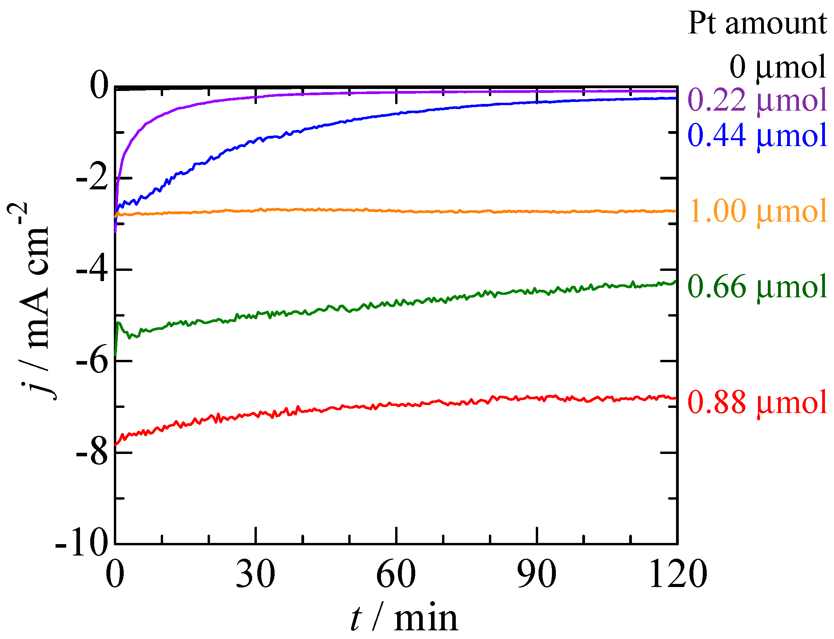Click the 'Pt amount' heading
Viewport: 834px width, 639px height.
coord(757,24)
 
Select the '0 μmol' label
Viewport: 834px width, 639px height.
coord(777,67)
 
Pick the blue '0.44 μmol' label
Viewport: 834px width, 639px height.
coord(757,135)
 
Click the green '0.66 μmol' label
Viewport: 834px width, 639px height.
coord(757,287)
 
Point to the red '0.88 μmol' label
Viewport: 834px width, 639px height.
coord(757,402)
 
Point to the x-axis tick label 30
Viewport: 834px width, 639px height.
coord(255,574)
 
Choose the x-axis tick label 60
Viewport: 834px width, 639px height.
coord(396,574)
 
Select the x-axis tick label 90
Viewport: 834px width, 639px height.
coord(537,574)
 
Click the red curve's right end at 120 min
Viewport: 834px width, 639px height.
coord(675,398)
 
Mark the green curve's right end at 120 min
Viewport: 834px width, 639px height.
coord(675,282)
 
